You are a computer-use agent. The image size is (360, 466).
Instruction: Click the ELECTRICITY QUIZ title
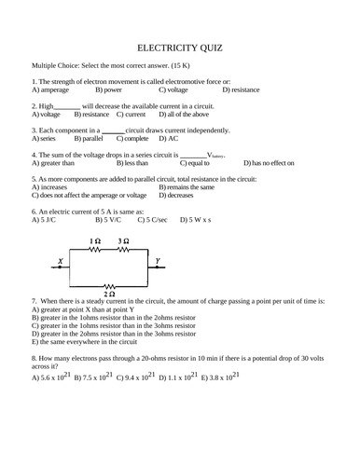[179, 45]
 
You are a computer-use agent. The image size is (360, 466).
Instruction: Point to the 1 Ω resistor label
[95, 241]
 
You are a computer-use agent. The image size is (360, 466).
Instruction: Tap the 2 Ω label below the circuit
[109, 293]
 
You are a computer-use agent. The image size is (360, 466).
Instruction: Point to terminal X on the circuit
[62, 261]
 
